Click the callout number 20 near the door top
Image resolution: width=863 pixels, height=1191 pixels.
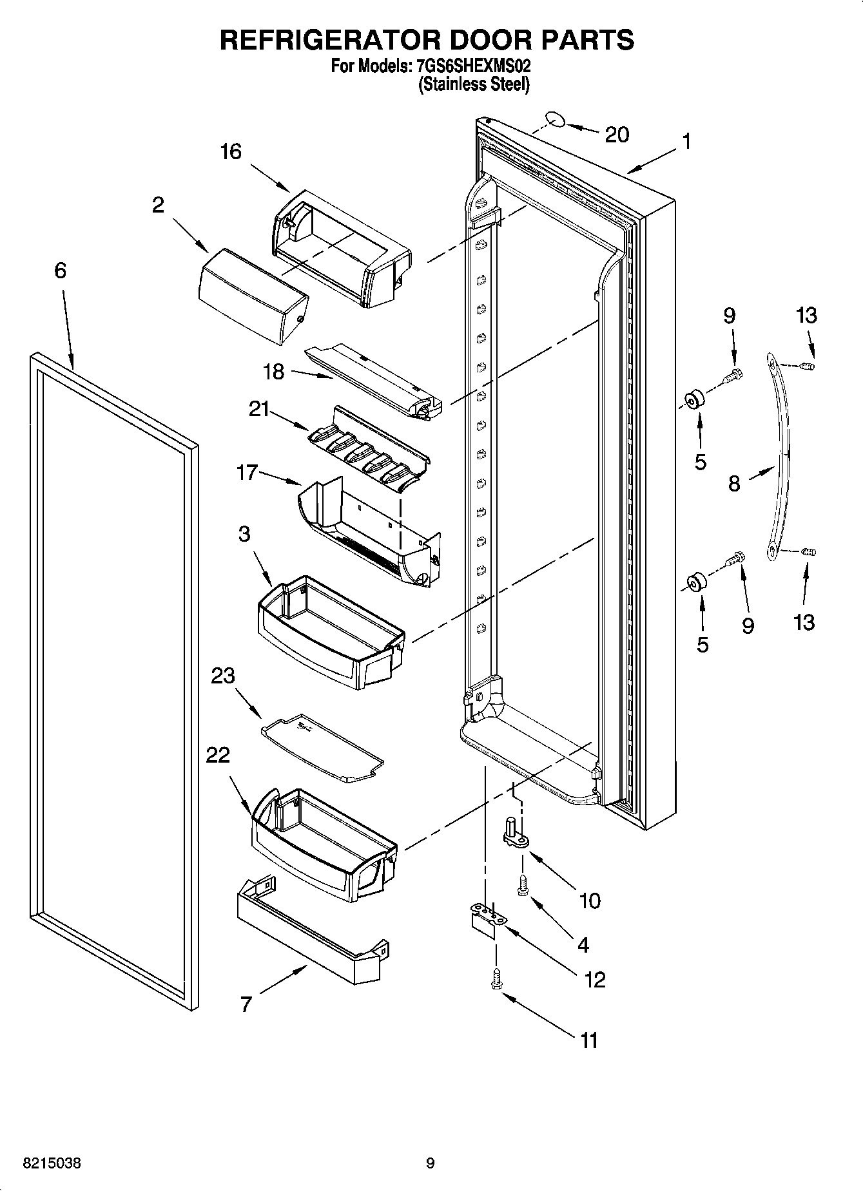(617, 135)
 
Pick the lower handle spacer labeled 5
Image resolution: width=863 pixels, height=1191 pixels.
(696, 582)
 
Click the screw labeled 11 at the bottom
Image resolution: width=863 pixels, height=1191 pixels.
(496, 980)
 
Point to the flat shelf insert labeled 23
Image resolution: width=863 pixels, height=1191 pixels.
(322, 748)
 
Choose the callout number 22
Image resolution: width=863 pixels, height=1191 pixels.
(218, 755)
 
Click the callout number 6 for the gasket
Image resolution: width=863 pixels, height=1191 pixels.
(60, 271)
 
